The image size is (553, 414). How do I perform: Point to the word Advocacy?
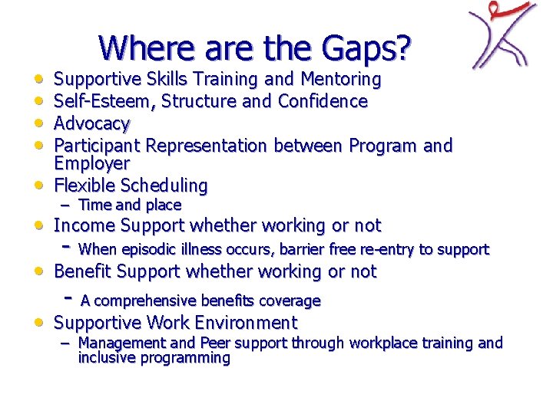pyautogui.click(x=92, y=123)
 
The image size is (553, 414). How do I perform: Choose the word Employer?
pyautogui.click(x=92, y=163)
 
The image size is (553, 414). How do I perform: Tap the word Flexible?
pyautogui.click(x=83, y=186)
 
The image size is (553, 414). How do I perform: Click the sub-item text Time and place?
pyautogui.click(x=130, y=205)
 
